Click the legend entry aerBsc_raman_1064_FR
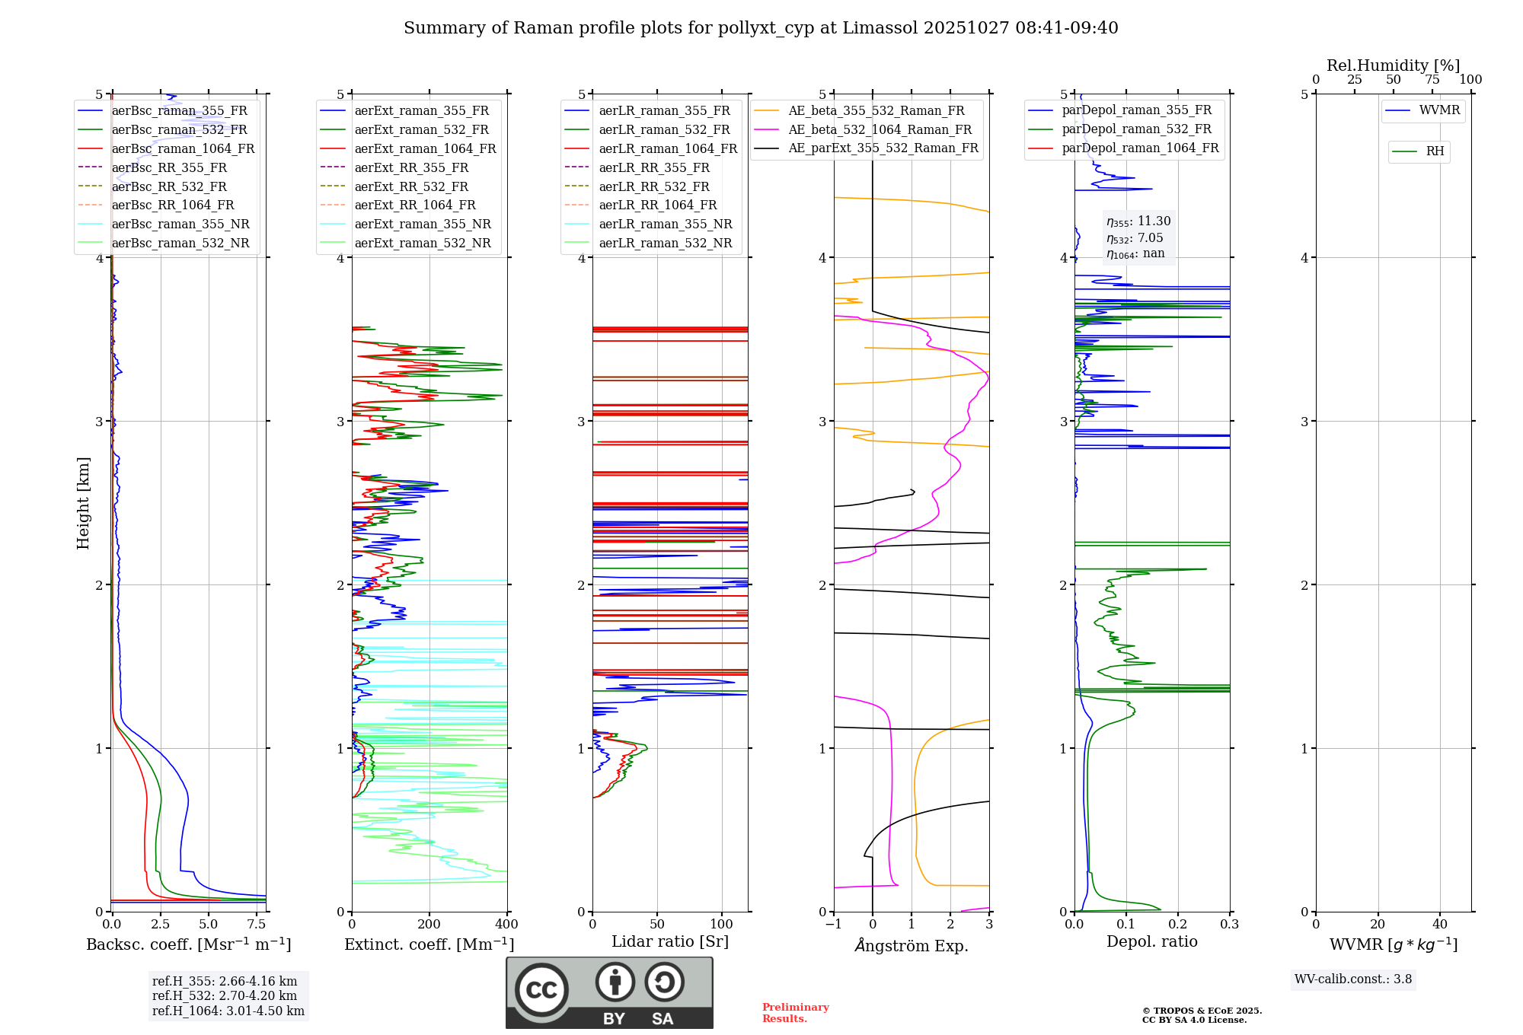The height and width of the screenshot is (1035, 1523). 183,148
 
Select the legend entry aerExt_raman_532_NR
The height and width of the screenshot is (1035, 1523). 423,244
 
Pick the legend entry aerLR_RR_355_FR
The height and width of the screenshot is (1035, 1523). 653,167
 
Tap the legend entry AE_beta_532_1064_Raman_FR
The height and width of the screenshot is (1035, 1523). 880,129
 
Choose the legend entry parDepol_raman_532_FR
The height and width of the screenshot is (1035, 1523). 1136,129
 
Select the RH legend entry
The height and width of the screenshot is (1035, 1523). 1435,151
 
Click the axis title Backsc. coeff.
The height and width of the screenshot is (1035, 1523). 188,944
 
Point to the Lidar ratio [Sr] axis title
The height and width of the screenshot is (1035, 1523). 670,941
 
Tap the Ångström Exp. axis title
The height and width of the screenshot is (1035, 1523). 912,945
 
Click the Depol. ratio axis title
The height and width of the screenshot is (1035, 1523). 1152,941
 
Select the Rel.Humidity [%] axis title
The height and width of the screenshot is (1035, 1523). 1393,65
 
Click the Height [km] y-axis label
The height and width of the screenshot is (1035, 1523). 83,503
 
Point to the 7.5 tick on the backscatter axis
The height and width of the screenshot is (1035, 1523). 257,924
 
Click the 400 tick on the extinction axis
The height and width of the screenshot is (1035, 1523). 506,924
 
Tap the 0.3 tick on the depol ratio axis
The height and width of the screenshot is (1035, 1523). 1229,924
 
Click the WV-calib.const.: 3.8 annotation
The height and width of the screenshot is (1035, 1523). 1353,979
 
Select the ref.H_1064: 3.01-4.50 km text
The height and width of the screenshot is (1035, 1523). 228,1011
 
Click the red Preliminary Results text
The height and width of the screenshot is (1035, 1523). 796,1013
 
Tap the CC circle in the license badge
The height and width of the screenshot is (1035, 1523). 541,990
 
